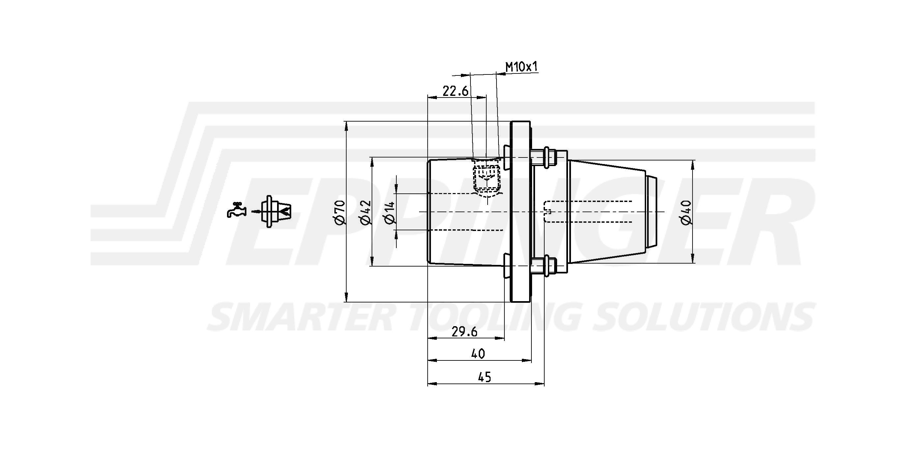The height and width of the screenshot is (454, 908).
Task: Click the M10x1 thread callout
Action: click(x=522, y=67)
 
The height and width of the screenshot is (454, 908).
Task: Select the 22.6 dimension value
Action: click(x=455, y=91)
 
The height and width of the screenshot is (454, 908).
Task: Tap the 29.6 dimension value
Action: click(x=465, y=332)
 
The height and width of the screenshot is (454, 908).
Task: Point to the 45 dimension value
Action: click(x=485, y=377)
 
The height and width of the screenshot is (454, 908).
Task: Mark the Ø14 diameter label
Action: click(x=389, y=212)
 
